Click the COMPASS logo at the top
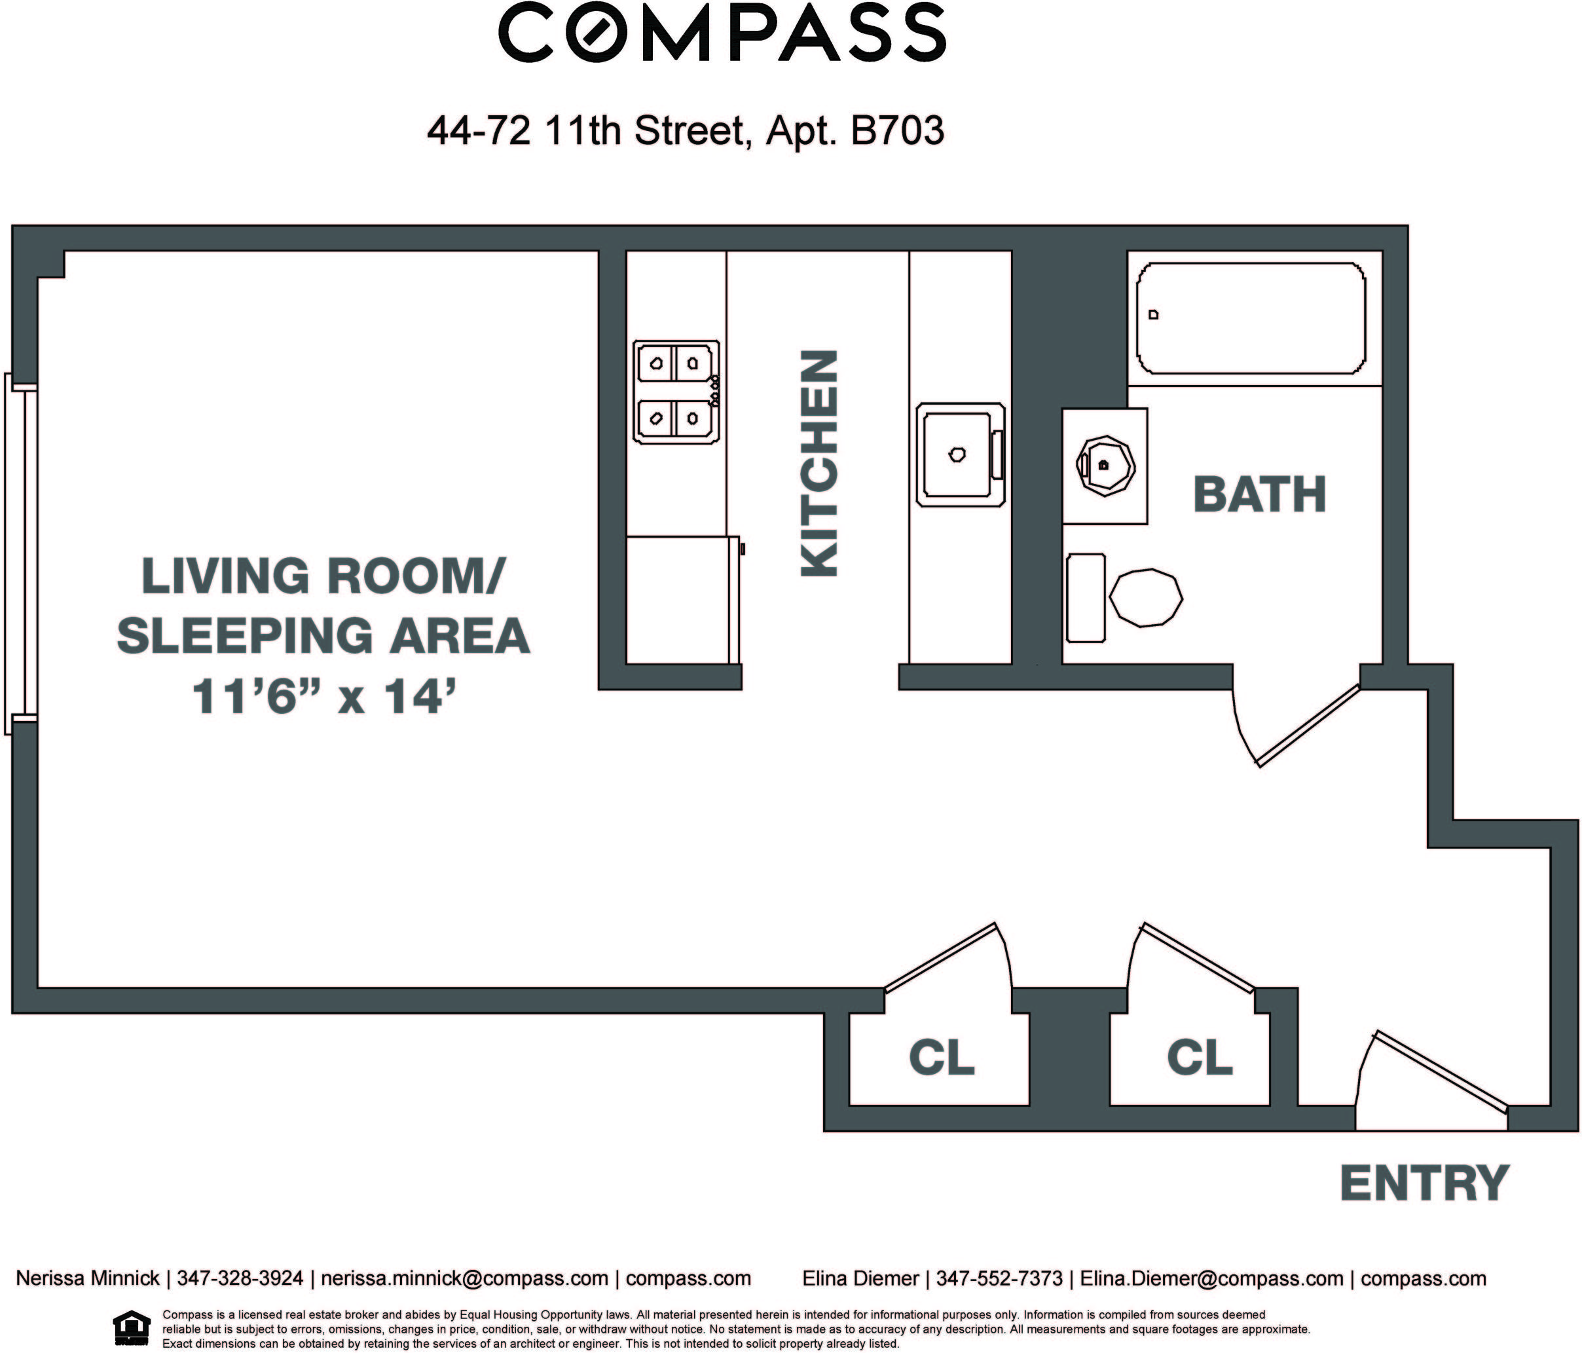click(x=722, y=33)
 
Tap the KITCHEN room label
click(x=819, y=464)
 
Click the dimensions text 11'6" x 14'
click(x=325, y=696)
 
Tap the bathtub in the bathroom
click(x=1251, y=318)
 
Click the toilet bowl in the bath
click(x=1146, y=598)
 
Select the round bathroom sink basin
click(x=1105, y=466)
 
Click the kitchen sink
click(x=961, y=455)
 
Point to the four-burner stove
click(x=676, y=392)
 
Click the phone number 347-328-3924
click(x=240, y=1278)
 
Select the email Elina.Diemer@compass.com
click(x=1211, y=1278)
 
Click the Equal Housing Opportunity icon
click(x=132, y=1329)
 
